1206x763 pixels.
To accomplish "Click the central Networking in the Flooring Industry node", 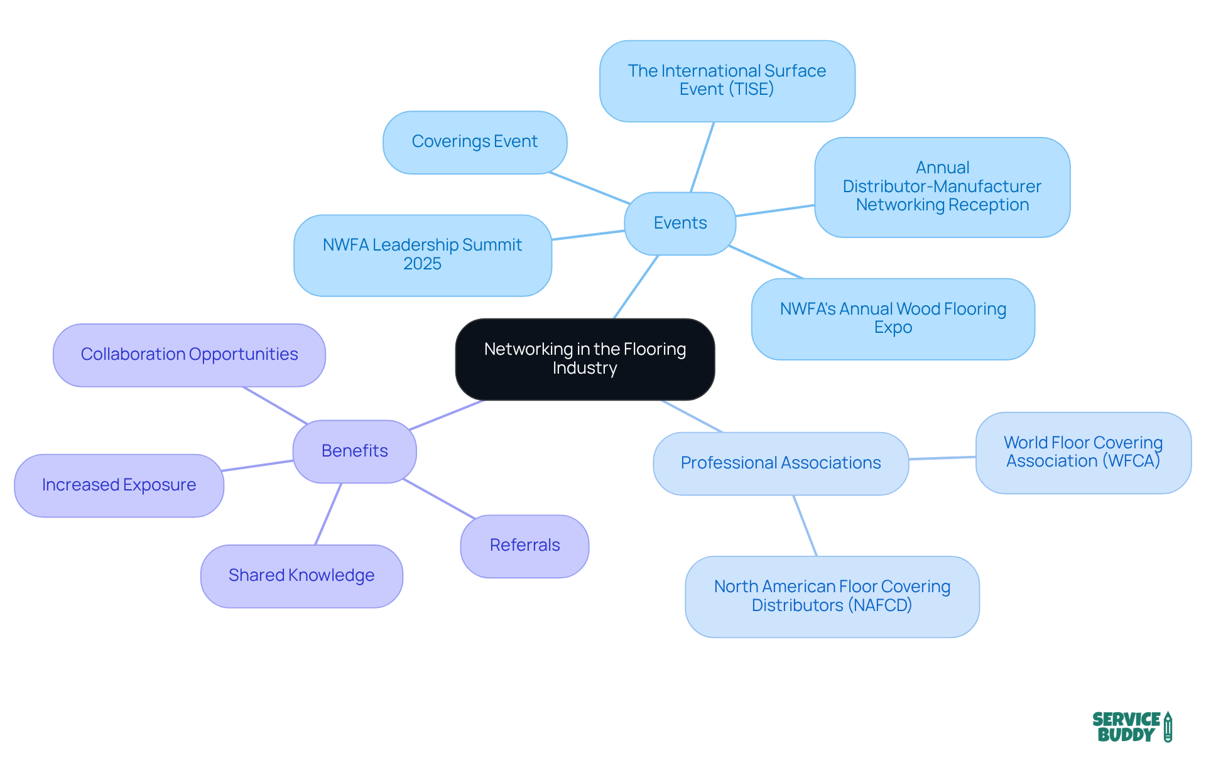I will pos(585,359).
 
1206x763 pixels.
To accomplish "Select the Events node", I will pos(680,223).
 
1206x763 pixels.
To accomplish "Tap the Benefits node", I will pos(354,451).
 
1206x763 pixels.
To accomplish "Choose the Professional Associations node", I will pos(780,463).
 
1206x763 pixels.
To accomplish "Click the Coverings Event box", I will pos(474,142).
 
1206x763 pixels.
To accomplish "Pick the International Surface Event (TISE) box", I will pos(727,80).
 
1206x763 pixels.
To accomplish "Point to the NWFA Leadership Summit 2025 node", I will pos(422,254).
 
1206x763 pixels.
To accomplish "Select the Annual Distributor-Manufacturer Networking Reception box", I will pos(942,187).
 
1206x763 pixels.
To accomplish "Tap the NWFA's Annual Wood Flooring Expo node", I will pos(893,318).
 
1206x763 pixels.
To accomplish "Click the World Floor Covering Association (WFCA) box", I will pos(1083,452).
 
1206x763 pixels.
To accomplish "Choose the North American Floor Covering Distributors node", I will pos(832,596).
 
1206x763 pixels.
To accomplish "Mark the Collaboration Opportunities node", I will pos(189,355).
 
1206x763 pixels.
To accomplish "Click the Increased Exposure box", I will pos(119,485).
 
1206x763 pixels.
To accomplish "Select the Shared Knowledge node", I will pos(301,576).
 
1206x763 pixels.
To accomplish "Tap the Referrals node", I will pos(524,546).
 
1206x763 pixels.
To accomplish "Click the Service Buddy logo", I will pos(1131,727).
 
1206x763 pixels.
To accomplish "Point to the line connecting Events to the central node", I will pos(636,287).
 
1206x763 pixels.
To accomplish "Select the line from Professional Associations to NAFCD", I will pos(805,526).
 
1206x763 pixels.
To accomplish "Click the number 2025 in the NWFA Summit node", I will pos(422,264).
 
